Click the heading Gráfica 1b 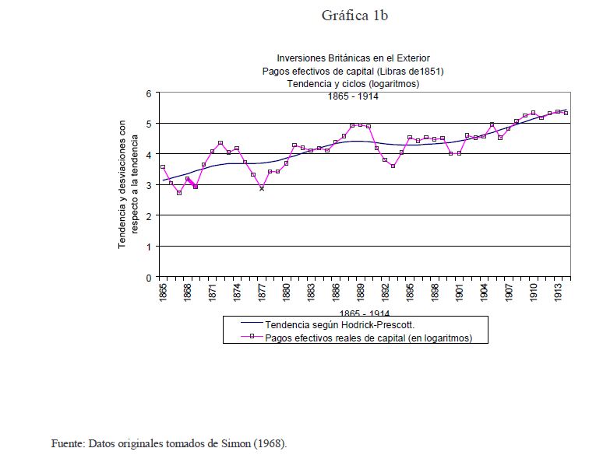click(354, 16)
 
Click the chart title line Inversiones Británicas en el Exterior click(353, 58)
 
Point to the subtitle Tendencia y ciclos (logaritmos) click(353, 83)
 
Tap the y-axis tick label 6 click(149, 93)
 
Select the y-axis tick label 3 click(149, 185)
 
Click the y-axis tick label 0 click(149, 277)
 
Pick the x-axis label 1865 click(163, 292)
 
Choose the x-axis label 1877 click(262, 292)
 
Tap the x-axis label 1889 click(361, 292)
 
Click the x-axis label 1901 click(460, 292)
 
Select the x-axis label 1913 click(559, 292)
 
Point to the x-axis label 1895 click(411, 292)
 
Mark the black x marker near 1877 click(262, 188)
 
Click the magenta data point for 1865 click(162, 167)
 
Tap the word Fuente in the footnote click(67, 444)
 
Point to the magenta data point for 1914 click(566, 113)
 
